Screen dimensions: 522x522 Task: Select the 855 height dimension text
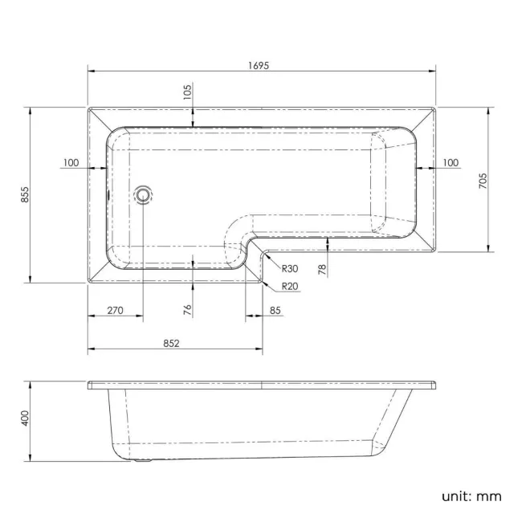[25, 194]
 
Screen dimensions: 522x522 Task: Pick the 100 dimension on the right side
[450, 163]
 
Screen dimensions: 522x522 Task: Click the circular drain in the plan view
[144, 194]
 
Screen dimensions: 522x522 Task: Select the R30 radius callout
[289, 269]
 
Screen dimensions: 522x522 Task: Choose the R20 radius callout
[289, 287]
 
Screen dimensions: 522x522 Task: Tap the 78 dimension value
[322, 270]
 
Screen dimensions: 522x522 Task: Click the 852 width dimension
[171, 343]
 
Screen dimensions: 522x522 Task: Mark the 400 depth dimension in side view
[25, 418]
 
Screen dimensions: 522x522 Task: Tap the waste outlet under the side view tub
[143, 461]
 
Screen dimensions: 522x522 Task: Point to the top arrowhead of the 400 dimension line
[31, 382]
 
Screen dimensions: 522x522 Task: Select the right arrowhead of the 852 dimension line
[260, 349]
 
